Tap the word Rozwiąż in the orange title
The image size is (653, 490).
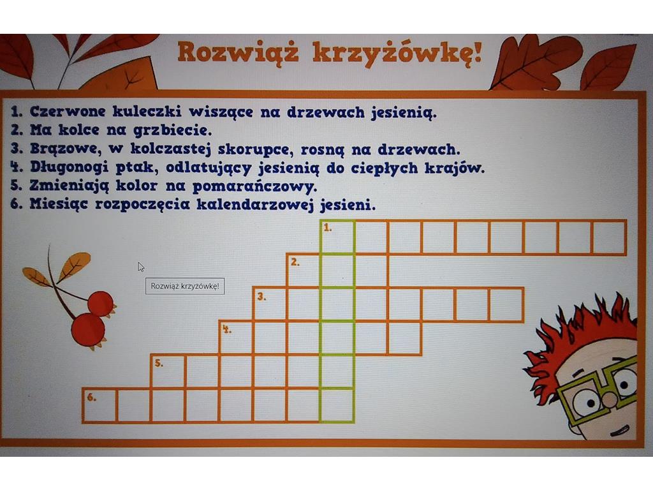coord(238,52)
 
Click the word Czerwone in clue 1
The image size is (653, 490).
coord(68,111)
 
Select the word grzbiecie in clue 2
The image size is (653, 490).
coord(172,130)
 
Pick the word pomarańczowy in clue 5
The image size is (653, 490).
coord(254,186)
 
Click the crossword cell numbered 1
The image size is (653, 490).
coord(338,237)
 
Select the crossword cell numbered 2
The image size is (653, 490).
coord(304,271)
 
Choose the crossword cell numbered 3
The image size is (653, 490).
coord(270,304)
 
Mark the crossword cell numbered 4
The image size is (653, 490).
coord(236,338)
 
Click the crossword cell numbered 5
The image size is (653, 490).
coord(168,372)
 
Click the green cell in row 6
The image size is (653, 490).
coord(338,406)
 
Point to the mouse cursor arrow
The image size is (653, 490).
coord(141,267)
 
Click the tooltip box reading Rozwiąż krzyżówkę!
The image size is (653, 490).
coord(185,286)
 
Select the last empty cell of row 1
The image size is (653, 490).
coord(609,237)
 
